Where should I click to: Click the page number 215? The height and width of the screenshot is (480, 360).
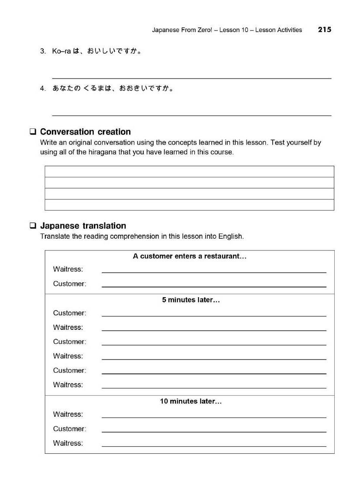[x=324, y=30]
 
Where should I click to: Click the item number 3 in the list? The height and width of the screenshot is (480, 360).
[x=43, y=51]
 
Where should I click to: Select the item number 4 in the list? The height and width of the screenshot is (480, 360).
[x=43, y=89]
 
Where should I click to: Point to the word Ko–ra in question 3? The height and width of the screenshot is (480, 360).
[x=62, y=51]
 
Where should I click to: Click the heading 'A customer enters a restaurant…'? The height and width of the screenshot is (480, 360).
[x=189, y=257]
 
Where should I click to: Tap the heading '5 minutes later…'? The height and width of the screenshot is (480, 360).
[x=191, y=300]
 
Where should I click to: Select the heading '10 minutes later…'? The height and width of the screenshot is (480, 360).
[x=191, y=401]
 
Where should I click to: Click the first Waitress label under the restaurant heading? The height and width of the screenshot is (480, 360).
[x=68, y=269]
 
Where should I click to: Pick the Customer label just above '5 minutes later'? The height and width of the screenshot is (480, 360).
[x=69, y=284]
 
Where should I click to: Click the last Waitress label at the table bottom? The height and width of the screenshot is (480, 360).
[x=68, y=443]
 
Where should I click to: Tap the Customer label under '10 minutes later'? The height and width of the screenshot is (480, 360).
[x=69, y=429]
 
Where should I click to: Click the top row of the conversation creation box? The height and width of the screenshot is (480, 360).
[x=189, y=171]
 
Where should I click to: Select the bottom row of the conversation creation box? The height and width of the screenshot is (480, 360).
[x=189, y=205]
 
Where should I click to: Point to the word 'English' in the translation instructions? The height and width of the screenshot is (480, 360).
[x=230, y=237]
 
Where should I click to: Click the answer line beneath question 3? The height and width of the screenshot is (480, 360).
[x=192, y=78]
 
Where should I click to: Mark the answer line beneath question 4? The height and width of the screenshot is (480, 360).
[x=192, y=115]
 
